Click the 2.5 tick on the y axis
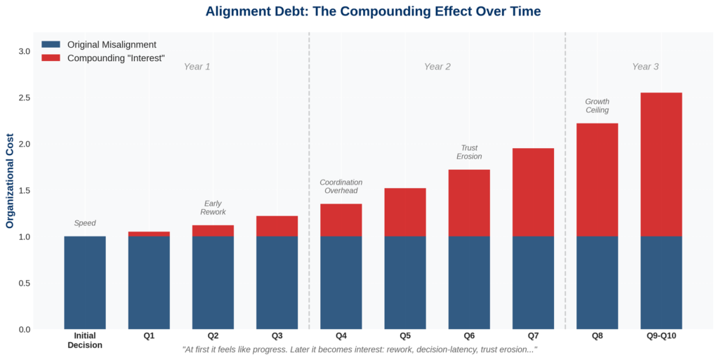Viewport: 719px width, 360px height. click(x=24, y=98)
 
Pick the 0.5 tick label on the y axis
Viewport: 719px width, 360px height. click(x=24, y=284)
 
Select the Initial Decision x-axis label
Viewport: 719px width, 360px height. click(x=85, y=340)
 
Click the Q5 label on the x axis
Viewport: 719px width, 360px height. click(x=405, y=336)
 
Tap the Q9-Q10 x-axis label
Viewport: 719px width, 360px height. click(x=661, y=336)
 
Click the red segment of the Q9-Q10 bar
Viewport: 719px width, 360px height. click(x=661, y=164)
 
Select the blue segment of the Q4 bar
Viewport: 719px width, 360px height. click(x=341, y=283)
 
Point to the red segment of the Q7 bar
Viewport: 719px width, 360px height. click(x=533, y=192)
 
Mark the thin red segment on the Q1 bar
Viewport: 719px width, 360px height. click(x=149, y=234)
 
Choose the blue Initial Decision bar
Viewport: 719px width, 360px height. click(x=85, y=283)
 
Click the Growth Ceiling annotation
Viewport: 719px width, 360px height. click(x=597, y=106)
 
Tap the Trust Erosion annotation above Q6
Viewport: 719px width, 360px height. click(x=469, y=152)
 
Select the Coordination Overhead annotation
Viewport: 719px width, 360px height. click(x=341, y=186)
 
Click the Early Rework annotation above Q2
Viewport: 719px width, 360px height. click(x=213, y=208)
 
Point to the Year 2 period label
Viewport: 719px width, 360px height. click(x=437, y=67)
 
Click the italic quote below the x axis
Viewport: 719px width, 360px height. click(x=359, y=349)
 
